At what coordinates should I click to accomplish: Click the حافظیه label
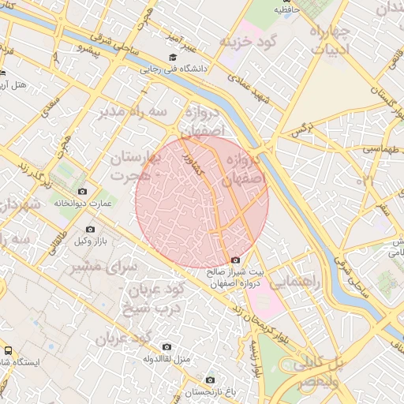(287, 10)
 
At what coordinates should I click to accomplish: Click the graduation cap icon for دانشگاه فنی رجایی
(173, 58)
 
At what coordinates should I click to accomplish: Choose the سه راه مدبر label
(133, 113)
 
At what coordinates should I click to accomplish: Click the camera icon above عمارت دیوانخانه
(83, 192)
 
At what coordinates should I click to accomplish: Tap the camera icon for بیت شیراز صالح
(235, 260)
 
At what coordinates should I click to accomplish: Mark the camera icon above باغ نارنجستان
(210, 380)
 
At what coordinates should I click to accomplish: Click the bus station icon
(7, 350)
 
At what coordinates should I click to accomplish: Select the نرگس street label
(305, 125)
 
